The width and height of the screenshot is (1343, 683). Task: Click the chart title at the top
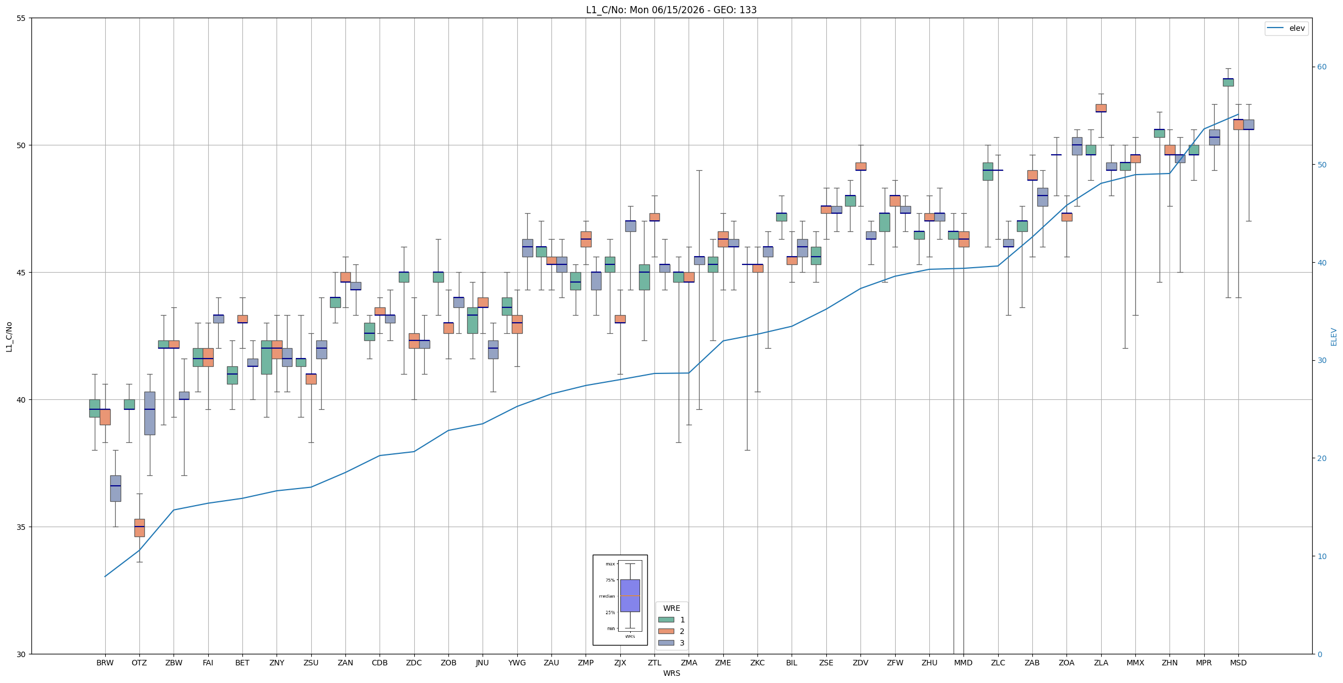[x=671, y=10]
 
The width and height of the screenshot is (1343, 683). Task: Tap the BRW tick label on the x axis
[x=105, y=663]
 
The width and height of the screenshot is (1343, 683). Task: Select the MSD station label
[x=1238, y=663]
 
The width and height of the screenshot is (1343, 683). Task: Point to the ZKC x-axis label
[x=757, y=663]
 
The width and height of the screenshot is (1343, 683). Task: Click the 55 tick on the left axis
[x=21, y=18]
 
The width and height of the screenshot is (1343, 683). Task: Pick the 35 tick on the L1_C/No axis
[x=21, y=527]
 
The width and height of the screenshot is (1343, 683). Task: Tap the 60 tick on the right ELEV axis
[x=1322, y=67]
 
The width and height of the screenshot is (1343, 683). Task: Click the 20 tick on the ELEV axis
[x=1322, y=458]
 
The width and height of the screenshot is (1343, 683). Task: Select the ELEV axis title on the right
[x=1334, y=337]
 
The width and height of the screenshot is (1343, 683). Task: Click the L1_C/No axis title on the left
[x=9, y=337]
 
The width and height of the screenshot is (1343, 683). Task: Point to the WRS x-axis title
[x=671, y=673]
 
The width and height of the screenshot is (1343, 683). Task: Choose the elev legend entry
[x=1286, y=28]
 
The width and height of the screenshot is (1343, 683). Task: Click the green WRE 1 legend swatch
[x=666, y=620]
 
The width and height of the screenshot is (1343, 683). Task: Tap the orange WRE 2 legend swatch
[x=666, y=631]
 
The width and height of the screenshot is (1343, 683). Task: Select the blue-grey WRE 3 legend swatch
[x=666, y=643]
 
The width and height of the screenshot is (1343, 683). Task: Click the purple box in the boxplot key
[x=630, y=595]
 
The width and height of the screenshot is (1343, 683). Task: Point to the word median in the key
[x=606, y=596]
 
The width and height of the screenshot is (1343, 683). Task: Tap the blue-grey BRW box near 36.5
[x=115, y=489]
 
